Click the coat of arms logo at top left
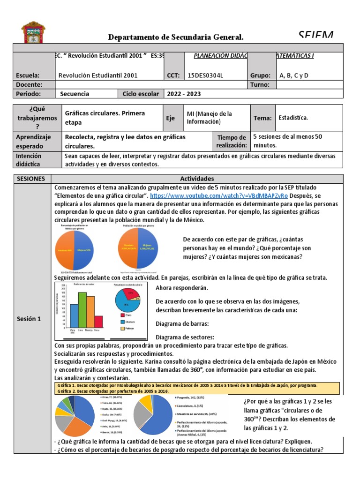point(33,32)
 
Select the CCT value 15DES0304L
point(205,75)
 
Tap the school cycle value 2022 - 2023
point(184,94)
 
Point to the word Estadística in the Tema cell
point(293,118)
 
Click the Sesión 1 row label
point(30,319)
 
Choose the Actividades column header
point(196,179)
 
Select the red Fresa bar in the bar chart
point(98,323)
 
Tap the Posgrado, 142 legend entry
point(193,397)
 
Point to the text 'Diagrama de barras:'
point(182,323)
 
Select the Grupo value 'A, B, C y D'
point(294,75)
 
